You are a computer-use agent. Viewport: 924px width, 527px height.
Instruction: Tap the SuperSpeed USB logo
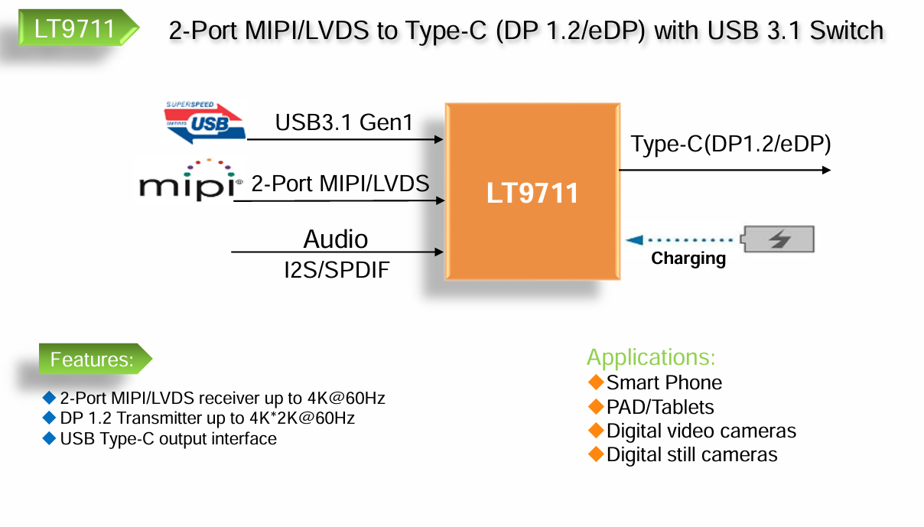tap(205, 122)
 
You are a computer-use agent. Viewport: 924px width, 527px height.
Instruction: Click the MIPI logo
tap(188, 181)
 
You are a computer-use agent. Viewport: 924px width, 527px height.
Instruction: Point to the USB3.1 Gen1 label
tap(344, 122)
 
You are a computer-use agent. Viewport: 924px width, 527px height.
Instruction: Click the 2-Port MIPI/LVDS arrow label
tap(340, 184)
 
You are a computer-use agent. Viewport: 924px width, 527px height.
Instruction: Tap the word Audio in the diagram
tap(336, 239)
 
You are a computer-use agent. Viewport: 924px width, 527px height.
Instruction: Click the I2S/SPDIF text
tap(337, 270)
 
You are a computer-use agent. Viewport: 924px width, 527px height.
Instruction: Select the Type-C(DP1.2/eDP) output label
tap(730, 144)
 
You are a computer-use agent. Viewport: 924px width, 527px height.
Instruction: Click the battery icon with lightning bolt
tap(779, 239)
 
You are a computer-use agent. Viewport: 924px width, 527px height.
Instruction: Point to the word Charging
tap(688, 259)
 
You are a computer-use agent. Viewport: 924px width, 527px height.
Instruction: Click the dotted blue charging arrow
tap(681, 240)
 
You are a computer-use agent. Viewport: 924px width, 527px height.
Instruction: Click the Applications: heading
tap(651, 357)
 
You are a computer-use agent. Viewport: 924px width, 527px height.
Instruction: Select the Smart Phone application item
tap(664, 382)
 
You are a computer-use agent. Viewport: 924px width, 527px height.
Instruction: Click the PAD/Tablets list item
tap(659, 407)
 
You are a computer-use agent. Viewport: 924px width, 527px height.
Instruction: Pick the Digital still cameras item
tap(691, 455)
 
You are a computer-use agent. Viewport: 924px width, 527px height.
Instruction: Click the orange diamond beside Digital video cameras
tap(596, 431)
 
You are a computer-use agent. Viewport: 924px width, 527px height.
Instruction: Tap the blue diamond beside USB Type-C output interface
tap(50, 438)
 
